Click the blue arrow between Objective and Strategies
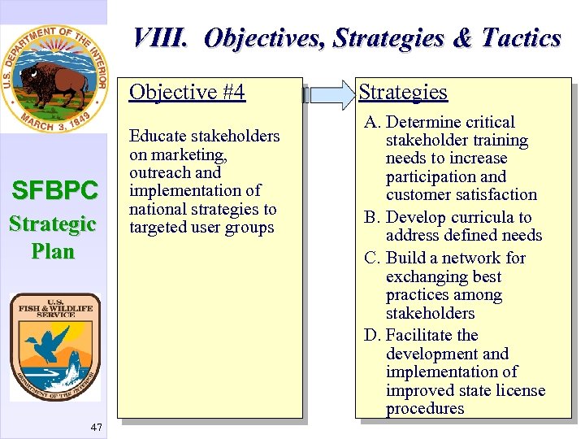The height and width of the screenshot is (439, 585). tap(328, 94)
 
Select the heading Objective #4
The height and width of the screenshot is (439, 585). tap(187, 92)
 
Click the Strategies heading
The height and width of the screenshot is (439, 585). tap(403, 92)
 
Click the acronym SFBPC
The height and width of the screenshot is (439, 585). tap(54, 191)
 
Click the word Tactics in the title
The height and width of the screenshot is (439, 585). tap(521, 38)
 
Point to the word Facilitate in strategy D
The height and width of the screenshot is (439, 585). tap(419, 335)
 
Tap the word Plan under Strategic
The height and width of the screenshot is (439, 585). tap(53, 251)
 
